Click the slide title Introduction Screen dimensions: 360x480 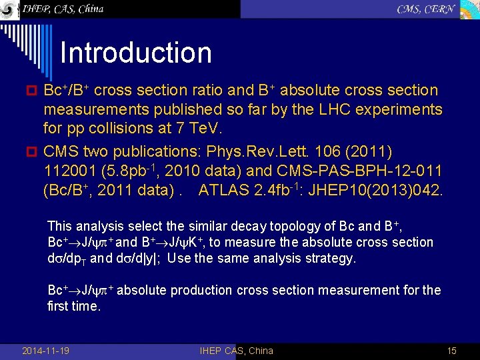(x=135, y=53)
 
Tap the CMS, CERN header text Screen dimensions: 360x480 (x=425, y=9)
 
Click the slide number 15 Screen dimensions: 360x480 (x=451, y=351)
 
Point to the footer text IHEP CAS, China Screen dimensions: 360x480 (x=236, y=351)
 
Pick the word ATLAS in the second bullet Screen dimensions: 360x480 (x=225, y=191)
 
